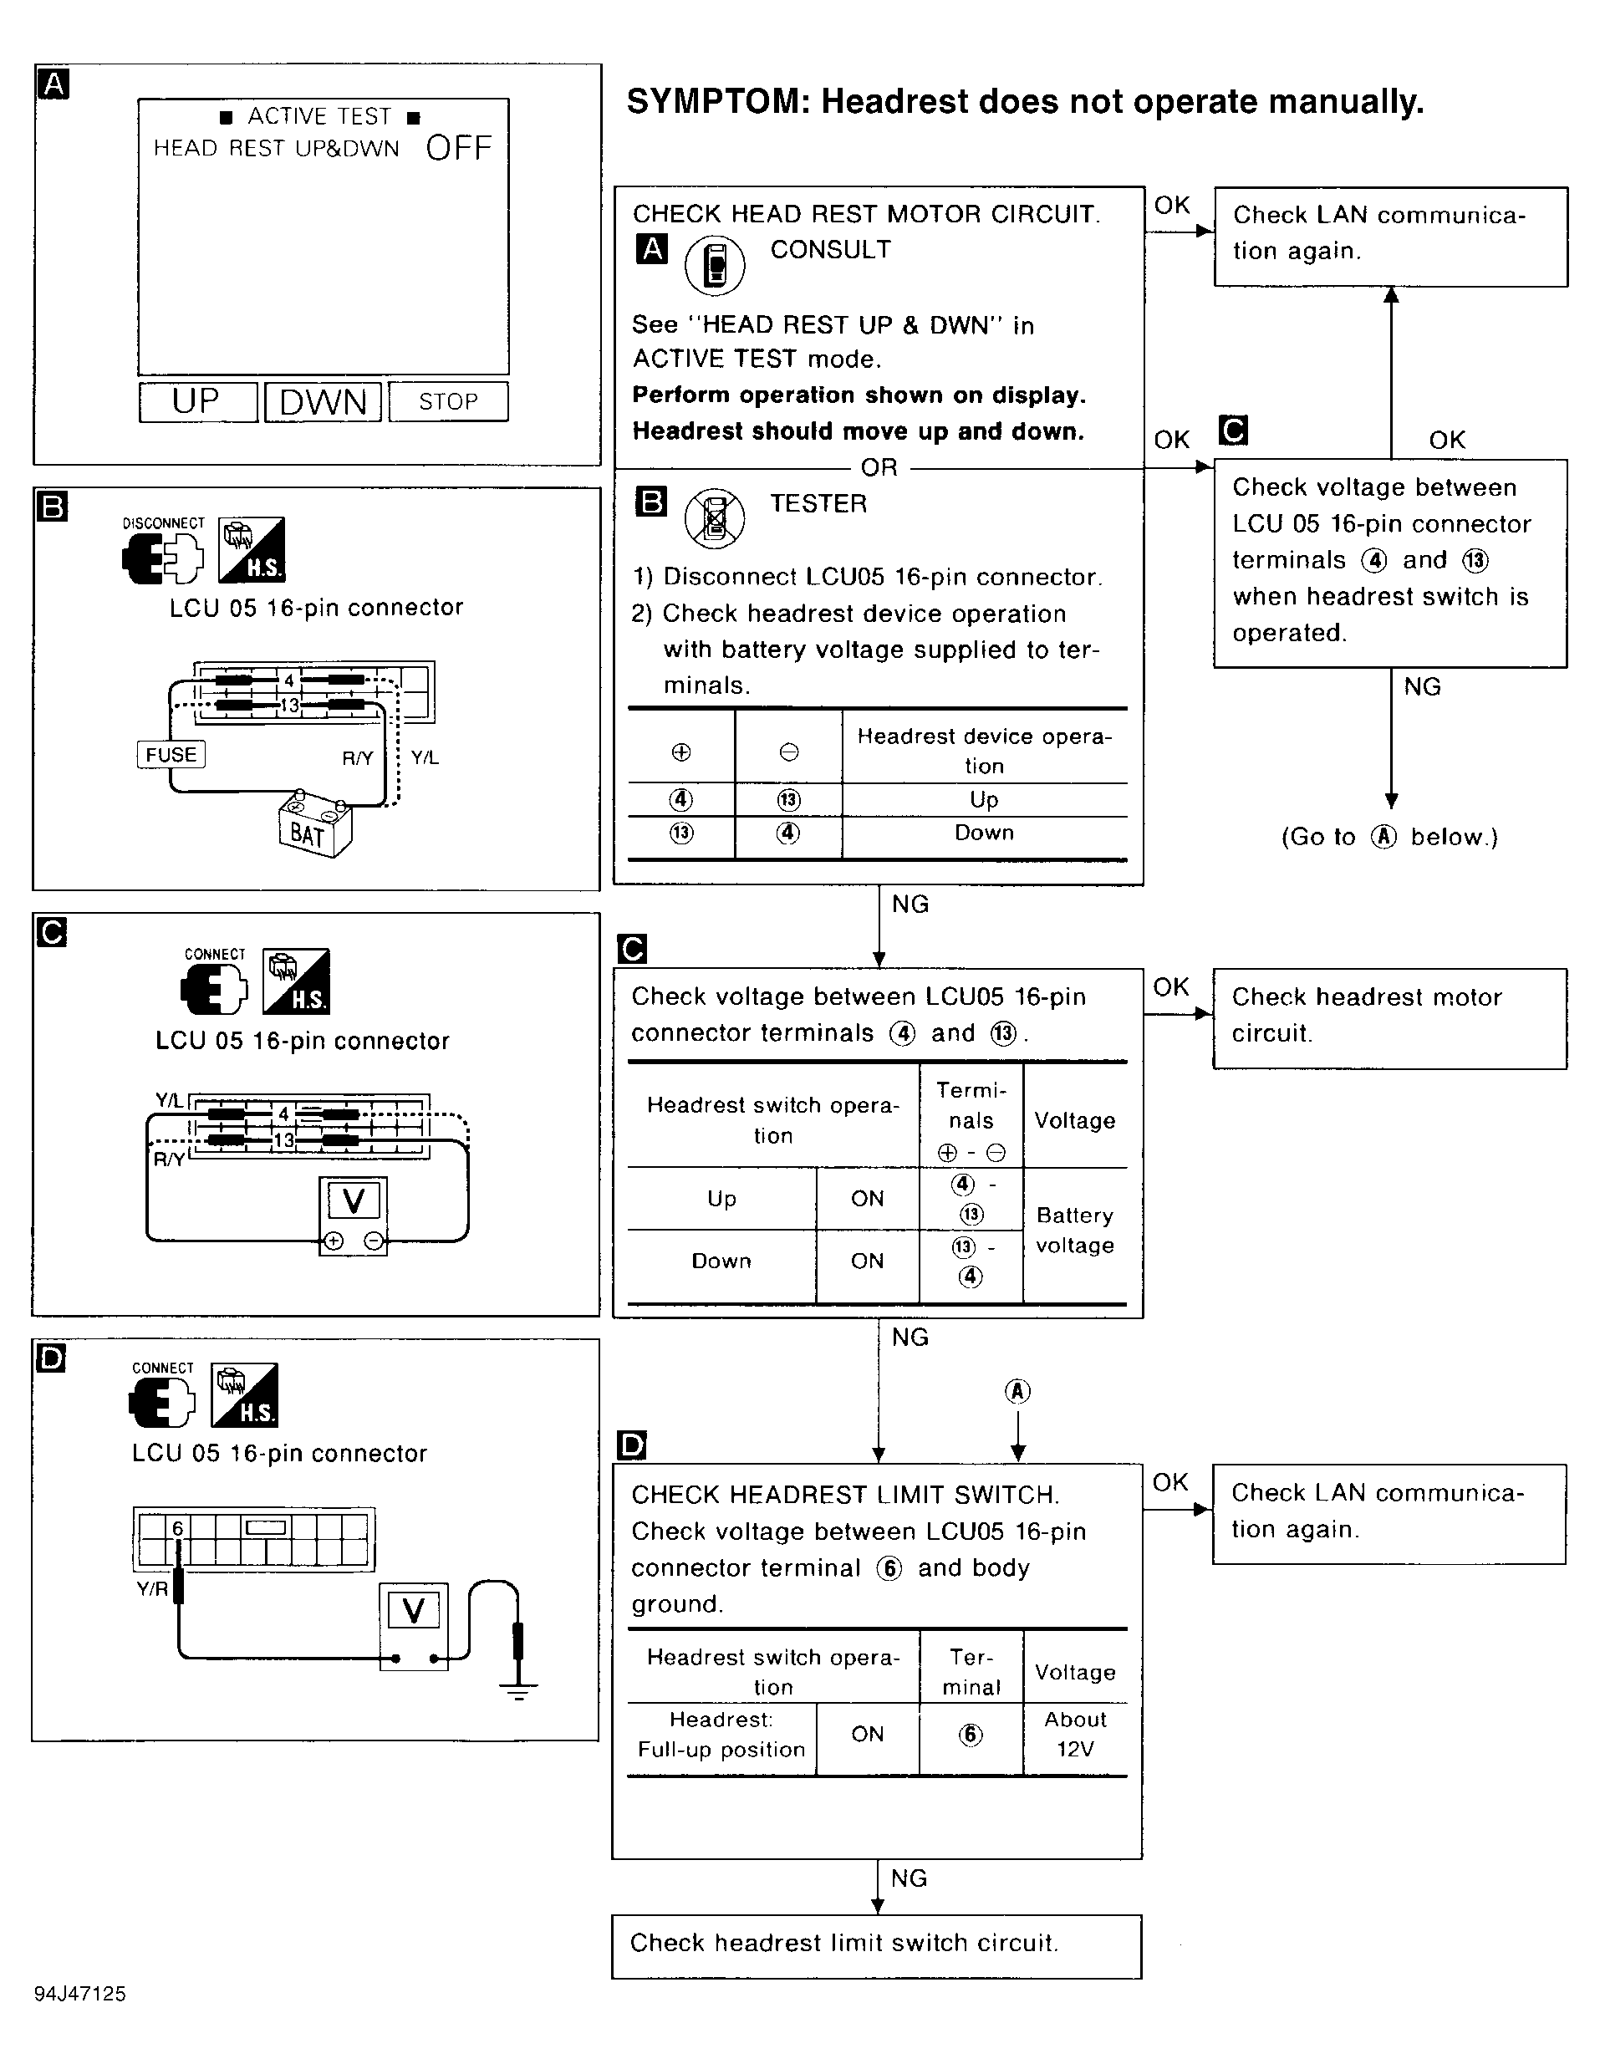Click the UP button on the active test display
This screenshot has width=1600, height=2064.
coord(197,401)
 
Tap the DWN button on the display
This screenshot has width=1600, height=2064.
coord(323,401)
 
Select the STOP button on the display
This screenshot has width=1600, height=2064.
coord(448,401)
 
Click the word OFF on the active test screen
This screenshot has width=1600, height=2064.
coord(458,148)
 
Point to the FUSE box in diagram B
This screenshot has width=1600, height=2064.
coord(171,754)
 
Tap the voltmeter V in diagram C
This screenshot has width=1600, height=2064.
coord(354,1201)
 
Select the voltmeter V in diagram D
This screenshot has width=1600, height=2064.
coord(413,1609)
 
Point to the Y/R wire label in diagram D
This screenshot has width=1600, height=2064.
coord(152,1588)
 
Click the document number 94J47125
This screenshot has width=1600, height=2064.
coord(80,1993)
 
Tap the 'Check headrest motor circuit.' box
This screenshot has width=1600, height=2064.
coord(1389,1017)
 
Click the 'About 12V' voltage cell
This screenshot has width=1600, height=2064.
coord(1074,1734)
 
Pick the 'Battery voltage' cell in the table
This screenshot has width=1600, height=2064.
coord(1074,1230)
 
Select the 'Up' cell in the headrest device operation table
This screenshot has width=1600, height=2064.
coord(984,799)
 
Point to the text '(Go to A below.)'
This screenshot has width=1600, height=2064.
coord(1389,838)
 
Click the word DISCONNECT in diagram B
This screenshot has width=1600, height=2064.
coord(164,523)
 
